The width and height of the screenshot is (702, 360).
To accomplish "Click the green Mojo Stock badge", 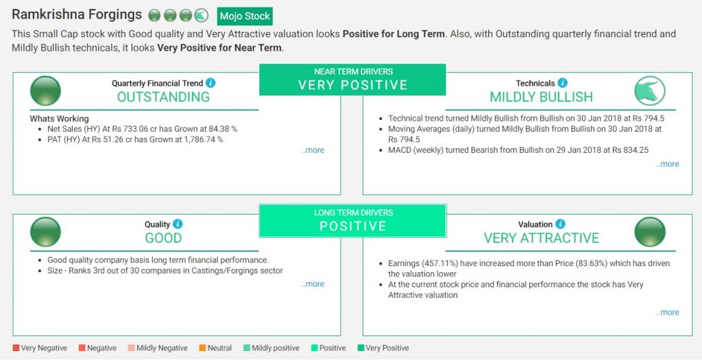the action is point(245,16).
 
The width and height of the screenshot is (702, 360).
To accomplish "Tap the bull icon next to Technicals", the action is point(650,91).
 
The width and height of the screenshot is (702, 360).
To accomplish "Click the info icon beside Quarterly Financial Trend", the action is point(210,83).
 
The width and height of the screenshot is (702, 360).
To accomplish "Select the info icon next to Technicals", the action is point(562,83).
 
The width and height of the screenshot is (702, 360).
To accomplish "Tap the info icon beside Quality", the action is point(178,224).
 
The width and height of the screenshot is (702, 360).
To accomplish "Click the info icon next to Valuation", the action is point(560,224).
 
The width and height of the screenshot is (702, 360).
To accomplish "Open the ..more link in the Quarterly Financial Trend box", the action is point(313,150).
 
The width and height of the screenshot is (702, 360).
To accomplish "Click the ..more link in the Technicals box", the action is point(668,164).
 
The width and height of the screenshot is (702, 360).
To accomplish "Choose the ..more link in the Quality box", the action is point(313,284).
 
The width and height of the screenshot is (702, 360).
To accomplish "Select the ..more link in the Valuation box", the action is point(668,313).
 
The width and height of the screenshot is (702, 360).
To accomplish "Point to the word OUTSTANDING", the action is point(163,97).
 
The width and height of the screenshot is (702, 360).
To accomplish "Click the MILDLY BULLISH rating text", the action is point(542,97).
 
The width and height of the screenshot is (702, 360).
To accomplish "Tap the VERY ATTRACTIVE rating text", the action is point(542,238).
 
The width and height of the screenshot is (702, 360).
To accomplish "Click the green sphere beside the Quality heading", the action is point(45,232).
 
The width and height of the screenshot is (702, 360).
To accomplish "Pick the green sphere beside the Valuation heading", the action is point(650,232).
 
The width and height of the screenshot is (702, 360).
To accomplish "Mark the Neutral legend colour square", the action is point(202,348).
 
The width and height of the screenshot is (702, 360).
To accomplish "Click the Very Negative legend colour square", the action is point(16,348).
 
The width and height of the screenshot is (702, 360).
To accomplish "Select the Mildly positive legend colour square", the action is point(247,348).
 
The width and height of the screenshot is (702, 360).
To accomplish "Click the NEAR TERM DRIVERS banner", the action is point(353,80).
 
